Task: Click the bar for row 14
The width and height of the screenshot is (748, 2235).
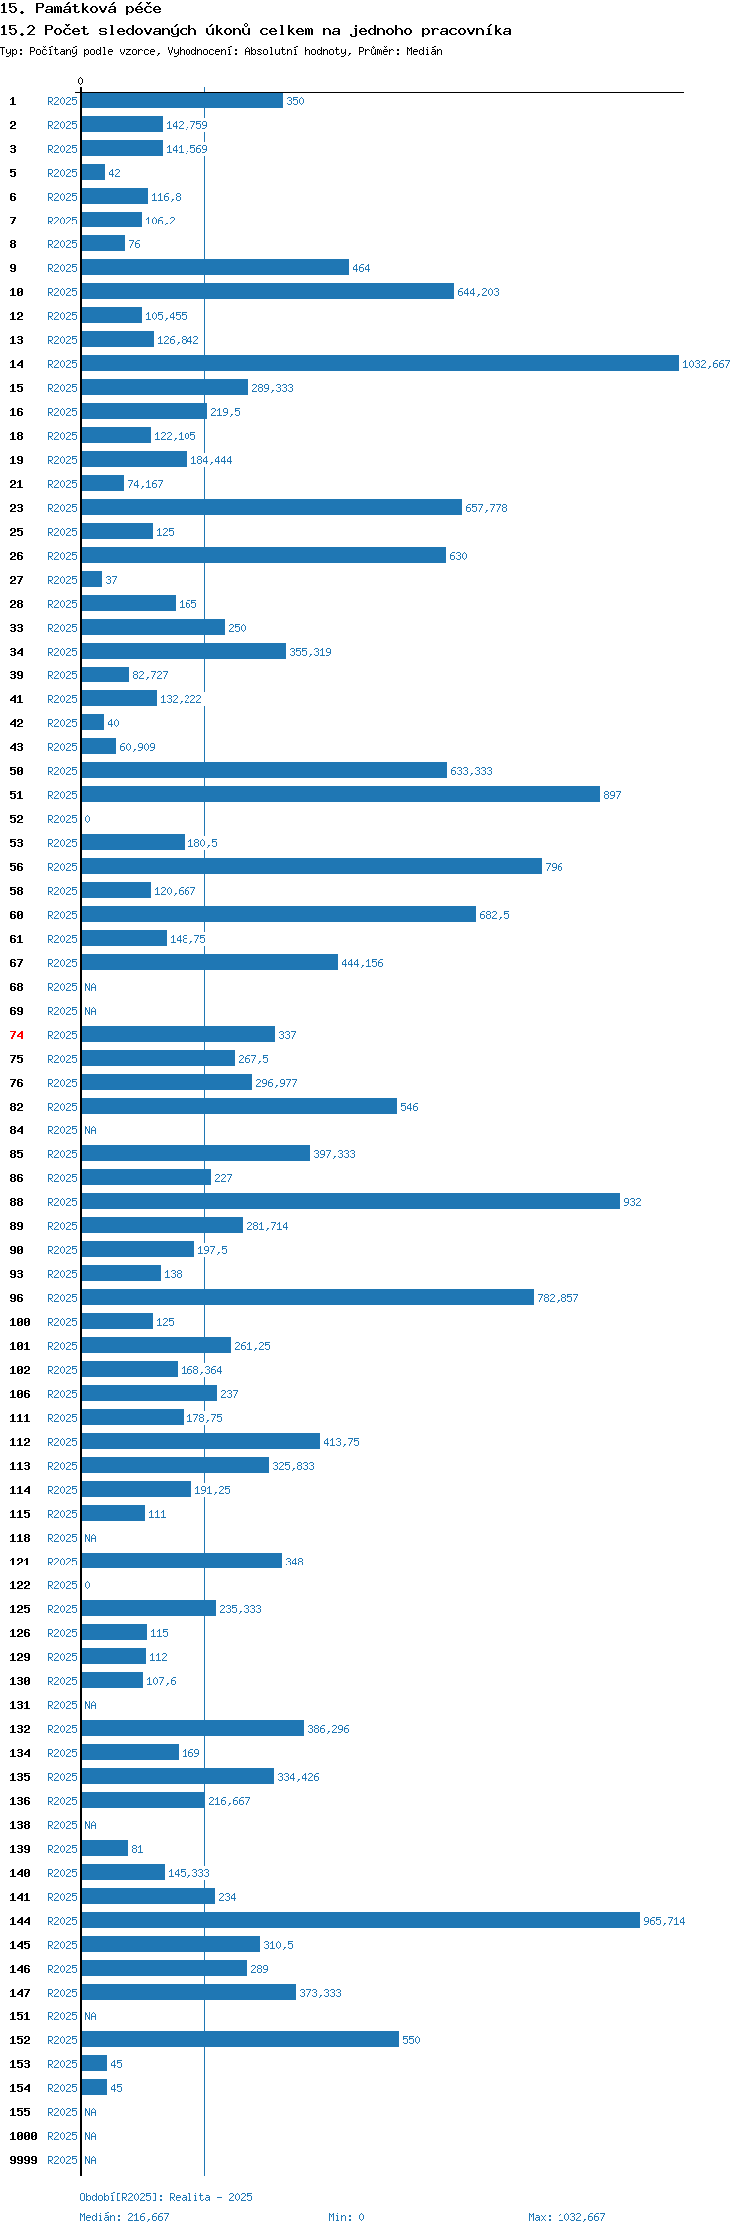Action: [x=379, y=364]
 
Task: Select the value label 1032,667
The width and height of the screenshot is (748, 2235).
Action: [x=706, y=364]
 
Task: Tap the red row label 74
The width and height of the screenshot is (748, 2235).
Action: [x=16, y=1035]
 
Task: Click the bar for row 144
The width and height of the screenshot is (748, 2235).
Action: [x=360, y=1921]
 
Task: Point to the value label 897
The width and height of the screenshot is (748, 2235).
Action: [x=612, y=795]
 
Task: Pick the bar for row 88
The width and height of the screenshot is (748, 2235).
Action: [x=350, y=1202]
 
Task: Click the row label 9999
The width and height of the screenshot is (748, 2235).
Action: [x=22, y=2160]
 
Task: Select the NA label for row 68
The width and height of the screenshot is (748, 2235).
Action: [x=90, y=987]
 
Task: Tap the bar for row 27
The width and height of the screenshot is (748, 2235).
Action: [x=92, y=580]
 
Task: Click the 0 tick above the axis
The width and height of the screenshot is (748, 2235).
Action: [x=81, y=81]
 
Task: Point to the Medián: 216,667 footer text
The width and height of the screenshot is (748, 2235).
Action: [x=124, y=2217]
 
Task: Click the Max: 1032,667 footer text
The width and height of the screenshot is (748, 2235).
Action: [x=566, y=2217]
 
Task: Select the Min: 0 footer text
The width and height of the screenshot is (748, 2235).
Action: [x=346, y=2217]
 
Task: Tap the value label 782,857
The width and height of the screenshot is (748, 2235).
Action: [x=558, y=1298]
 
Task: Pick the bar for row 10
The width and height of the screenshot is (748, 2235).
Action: [x=267, y=292]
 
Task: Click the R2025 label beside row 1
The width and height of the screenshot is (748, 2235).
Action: [x=62, y=101]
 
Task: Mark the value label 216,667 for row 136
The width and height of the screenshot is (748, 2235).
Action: [x=229, y=1801]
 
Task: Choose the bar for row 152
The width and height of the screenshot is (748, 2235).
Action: [x=239, y=2040]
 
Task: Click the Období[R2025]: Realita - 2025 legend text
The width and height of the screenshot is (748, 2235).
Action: [x=166, y=2197]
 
